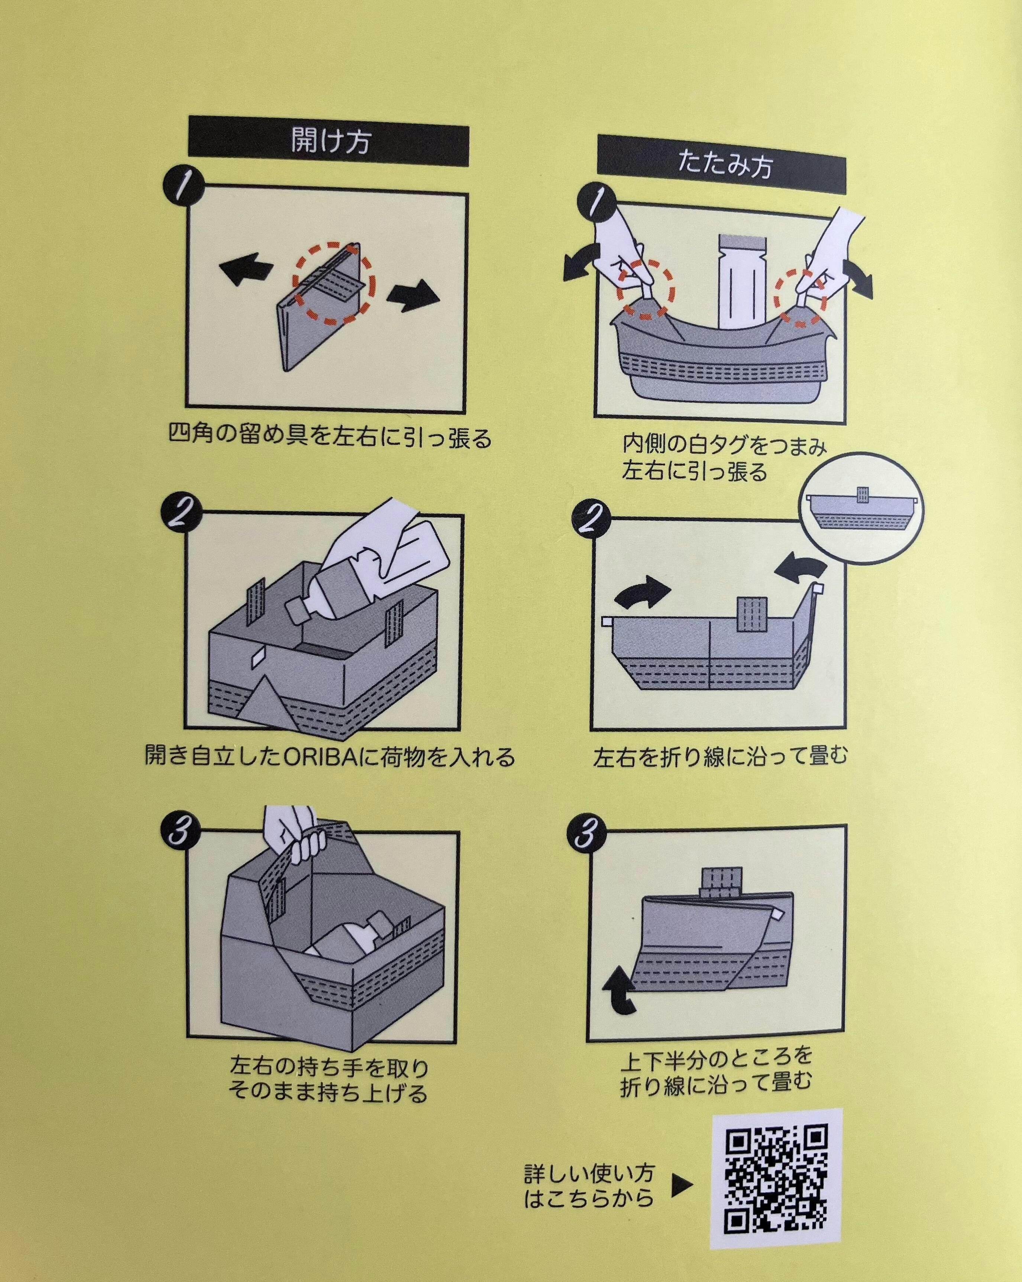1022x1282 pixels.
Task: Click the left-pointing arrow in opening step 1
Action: (x=246, y=268)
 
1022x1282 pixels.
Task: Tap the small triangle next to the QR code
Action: (x=681, y=1171)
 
